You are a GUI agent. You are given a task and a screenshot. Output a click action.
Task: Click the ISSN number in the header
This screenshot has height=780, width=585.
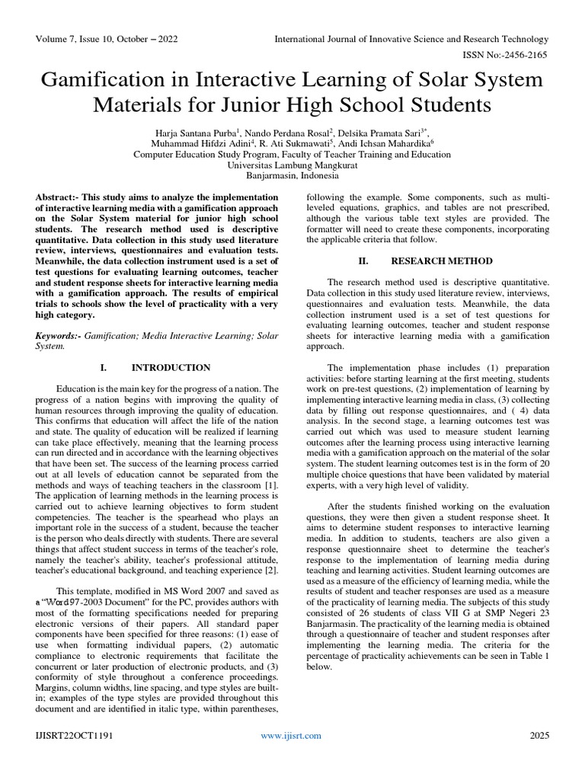503,55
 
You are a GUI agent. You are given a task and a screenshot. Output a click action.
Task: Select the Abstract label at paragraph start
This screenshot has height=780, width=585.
58,197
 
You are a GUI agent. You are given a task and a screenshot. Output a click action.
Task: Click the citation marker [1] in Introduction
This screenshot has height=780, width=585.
270,486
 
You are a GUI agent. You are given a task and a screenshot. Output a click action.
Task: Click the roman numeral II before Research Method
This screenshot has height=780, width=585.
363,261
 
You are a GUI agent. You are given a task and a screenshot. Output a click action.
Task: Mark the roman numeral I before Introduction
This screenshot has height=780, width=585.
103,367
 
